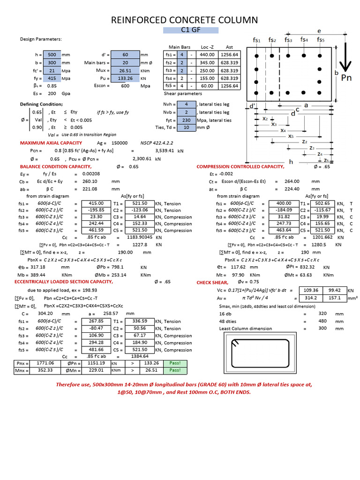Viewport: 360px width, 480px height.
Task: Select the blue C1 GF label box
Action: (190, 30)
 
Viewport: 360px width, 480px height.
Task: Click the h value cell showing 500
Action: (51, 54)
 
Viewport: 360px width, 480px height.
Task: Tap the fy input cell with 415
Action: (51, 78)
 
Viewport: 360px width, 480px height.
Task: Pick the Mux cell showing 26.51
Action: (125, 70)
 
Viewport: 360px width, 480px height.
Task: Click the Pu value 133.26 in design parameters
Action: (125, 78)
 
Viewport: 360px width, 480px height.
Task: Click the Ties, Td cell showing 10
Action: (187, 127)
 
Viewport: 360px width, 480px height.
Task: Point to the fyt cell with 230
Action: (187, 120)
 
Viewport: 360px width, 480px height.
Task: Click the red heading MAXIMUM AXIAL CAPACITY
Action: (51, 143)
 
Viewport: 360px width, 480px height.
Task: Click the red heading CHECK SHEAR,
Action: (212, 283)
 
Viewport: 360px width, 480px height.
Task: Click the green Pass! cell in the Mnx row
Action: (175, 370)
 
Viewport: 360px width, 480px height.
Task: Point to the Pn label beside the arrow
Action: (346, 78)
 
